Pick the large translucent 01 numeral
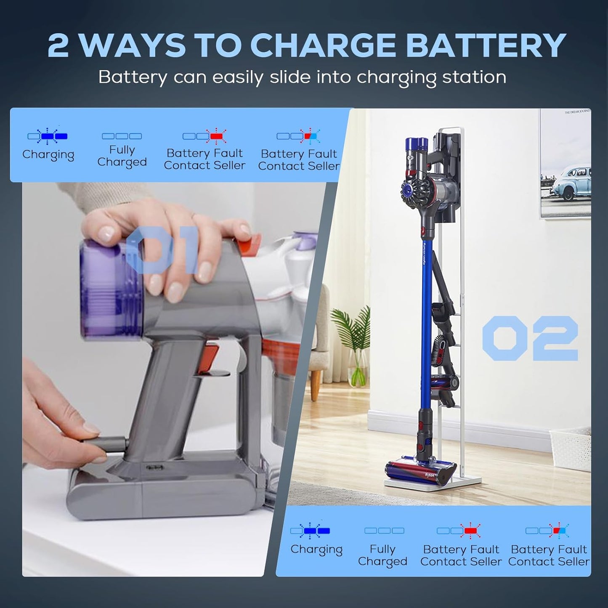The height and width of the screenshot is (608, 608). tap(162, 250)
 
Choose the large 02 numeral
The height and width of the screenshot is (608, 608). tap(530, 338)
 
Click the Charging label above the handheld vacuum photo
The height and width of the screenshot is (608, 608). tap(48, 155)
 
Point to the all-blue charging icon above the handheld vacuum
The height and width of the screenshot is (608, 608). tap(47, 136)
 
